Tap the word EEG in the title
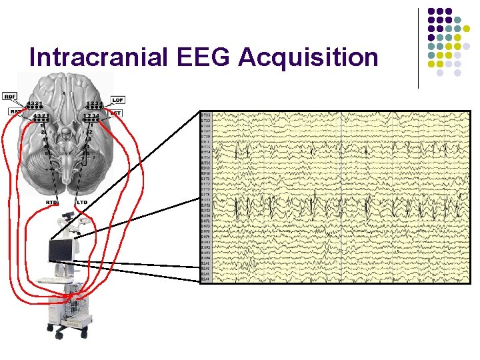205,58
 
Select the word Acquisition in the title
309,58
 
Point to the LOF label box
118,99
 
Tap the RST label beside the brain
13,112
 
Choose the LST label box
115,113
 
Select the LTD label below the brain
82,202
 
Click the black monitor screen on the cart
60,251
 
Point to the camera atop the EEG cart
66,217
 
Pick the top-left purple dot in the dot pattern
431,11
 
